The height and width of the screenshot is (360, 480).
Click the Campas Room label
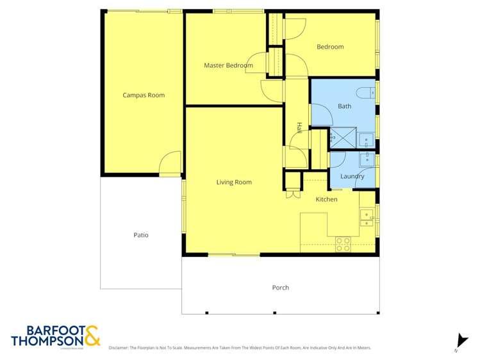(144, 95)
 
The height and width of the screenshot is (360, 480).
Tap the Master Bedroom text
(224, 65)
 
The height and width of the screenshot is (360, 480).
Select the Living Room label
(234, 183)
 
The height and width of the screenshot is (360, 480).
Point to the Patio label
(141, 235)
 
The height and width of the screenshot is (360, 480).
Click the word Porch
(281, 288)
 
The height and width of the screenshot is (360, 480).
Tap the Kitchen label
(326, 200)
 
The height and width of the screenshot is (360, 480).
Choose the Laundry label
(352, 176)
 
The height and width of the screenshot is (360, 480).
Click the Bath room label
(345, 106)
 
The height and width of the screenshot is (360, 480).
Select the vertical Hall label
(299, 128)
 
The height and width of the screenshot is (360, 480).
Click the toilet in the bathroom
(365, 92)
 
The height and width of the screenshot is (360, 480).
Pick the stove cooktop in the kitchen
(343, 244)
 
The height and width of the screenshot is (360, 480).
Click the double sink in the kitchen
(367, 218)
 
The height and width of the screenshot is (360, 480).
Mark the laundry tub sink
(367, 159)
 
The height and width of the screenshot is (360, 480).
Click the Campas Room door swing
(170, 163)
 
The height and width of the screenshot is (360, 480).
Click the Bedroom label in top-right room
(330, 47)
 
